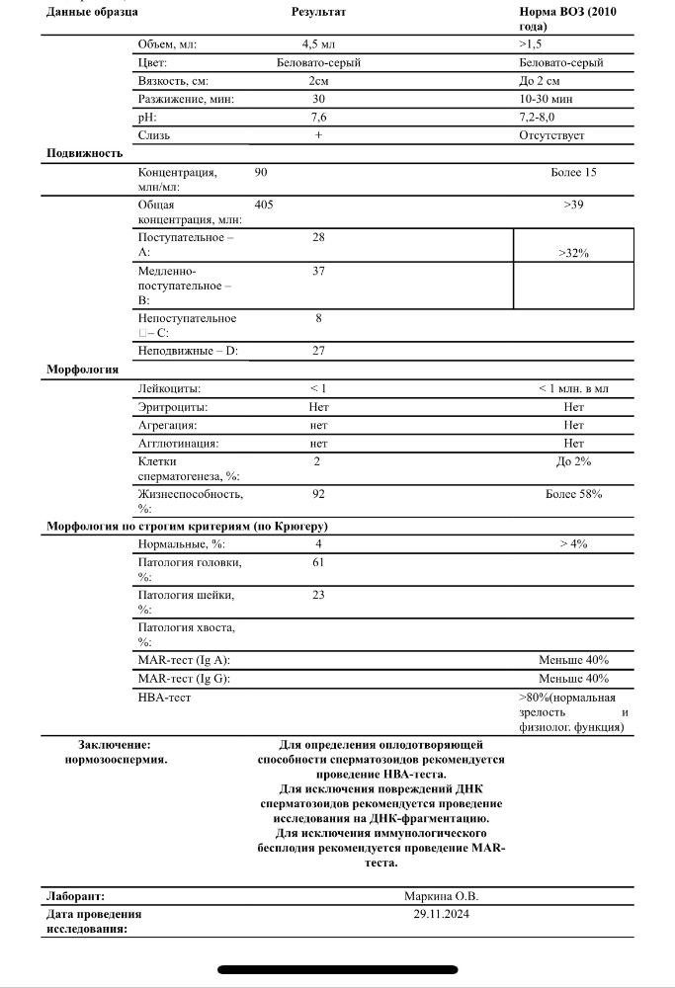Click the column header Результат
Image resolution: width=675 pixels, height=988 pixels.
coord(318,12)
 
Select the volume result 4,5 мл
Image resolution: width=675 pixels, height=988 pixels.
coord(318,43)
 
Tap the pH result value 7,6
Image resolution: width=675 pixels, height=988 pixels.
coord(318,118)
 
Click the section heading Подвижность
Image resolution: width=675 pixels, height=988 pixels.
coord(85,153)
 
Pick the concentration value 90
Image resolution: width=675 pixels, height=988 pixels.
coord(261,172)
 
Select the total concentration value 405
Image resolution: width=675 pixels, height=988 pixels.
coord(264,205)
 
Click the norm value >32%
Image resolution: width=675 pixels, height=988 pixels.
coord(573,254)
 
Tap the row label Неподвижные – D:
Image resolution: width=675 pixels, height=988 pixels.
coord(188,351)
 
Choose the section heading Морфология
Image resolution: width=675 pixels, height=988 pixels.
coord(83,370)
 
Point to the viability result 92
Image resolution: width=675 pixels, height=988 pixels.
coord(318,493)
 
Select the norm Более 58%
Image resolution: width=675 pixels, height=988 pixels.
coord(573,493)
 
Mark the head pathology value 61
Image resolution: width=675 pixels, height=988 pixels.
coord(318,562)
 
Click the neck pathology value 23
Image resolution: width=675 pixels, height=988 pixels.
coord(318,595)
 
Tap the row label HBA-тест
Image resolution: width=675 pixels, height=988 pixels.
coord(164,698)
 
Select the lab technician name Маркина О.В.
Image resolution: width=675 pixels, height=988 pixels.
coord(442,896)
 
